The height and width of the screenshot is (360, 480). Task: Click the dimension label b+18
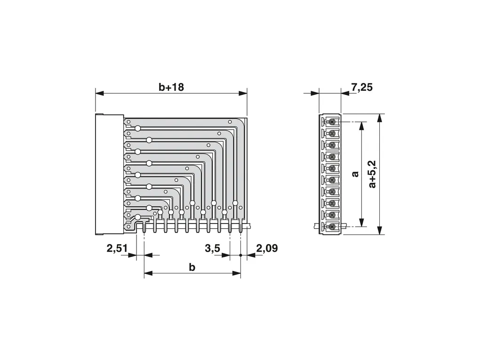171,87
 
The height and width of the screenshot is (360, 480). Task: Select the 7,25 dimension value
362,87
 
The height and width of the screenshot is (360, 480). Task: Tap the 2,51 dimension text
117,248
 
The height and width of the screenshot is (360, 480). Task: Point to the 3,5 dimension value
212,248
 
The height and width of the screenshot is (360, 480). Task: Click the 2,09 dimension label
267,248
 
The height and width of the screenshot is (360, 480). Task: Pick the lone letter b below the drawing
192,267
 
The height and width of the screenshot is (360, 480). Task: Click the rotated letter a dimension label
355,174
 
